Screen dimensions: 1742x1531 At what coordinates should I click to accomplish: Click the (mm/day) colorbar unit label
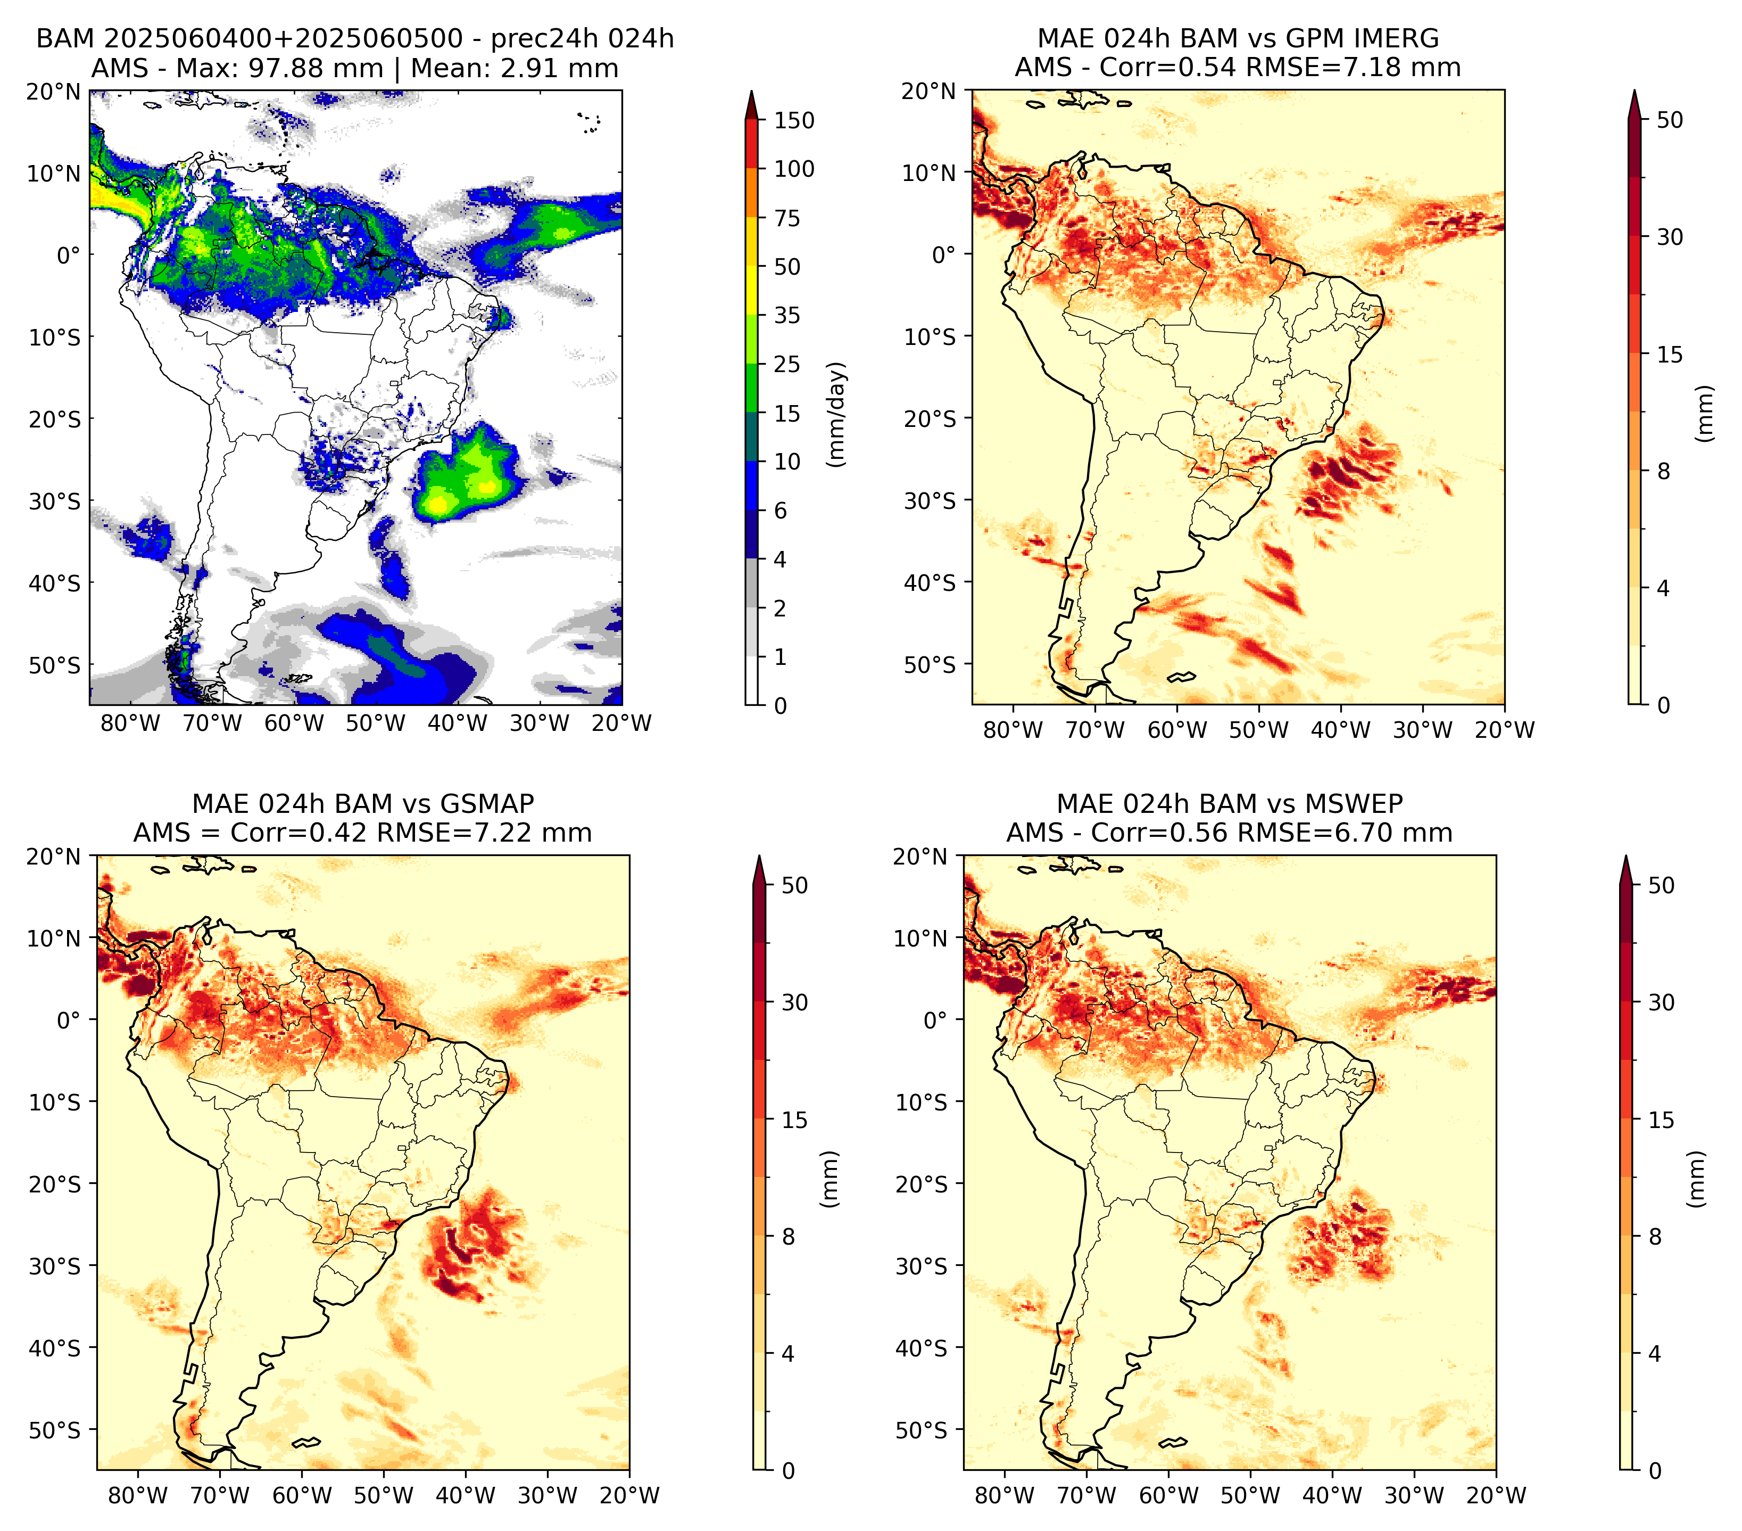pos(838,414)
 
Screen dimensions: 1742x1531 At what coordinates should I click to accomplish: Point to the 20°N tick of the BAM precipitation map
pos(53,91)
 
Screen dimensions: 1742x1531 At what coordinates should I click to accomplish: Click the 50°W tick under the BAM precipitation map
pos(376,723)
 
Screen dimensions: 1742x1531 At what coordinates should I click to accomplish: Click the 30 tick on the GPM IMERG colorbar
pos(1670,237)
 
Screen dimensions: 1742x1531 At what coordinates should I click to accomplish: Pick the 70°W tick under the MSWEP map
pos(1086,1495)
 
